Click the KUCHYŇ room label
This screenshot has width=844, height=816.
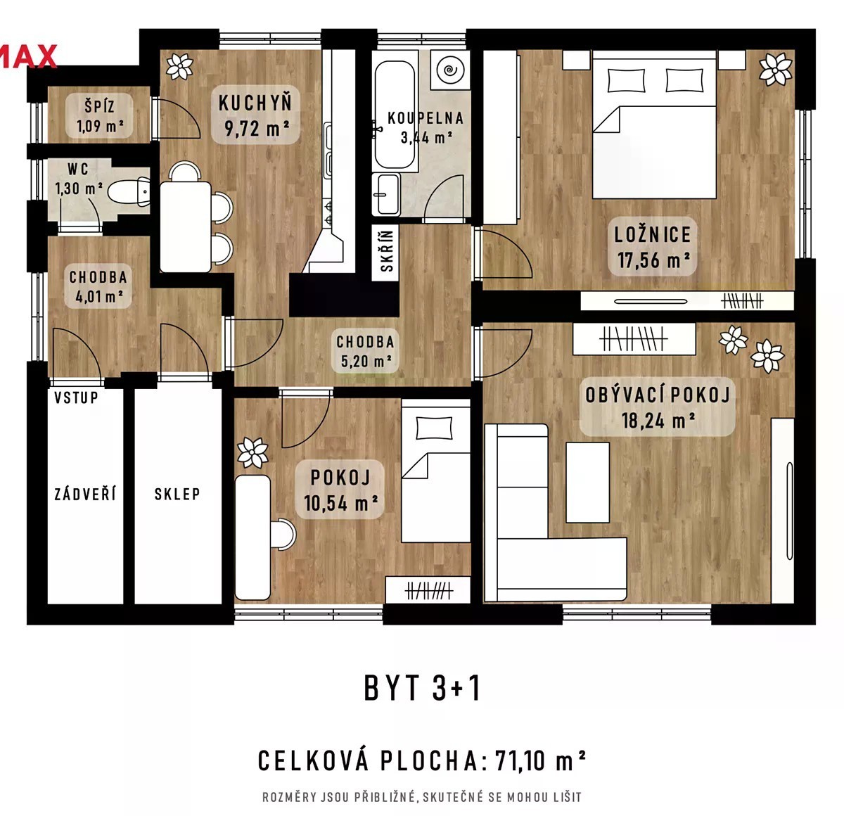coord(255,103)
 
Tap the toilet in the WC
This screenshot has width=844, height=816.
coord(129,192)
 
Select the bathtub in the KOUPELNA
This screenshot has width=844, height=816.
coord(395,115)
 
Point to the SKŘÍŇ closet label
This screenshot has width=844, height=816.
coord(387,251)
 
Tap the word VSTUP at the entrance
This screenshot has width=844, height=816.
coord(77,398)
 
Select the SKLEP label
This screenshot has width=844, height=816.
coord(177,494)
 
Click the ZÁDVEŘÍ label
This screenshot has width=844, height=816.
coord(85,494)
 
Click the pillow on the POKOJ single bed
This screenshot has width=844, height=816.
coord(434,428)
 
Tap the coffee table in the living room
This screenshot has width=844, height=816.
coord(587,483)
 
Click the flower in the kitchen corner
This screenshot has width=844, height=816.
coord(179,66)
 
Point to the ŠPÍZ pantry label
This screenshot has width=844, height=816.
coord(100,106)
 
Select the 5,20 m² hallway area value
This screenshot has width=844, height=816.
coord(366,361)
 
